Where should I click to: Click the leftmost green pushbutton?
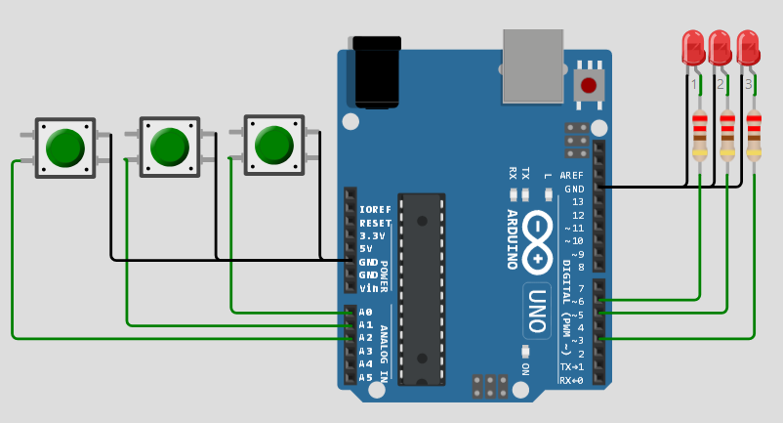(x=65, y=148)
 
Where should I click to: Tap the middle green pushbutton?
(x=169, y=147)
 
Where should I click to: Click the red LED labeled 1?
(x=693, y=46)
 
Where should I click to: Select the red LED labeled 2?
(x=720, y=46)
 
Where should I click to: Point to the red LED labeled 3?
(x=748, y=46)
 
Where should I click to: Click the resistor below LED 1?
(x=700, y=134)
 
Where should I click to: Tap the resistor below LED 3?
(x=754, y=134)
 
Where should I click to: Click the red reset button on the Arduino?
(x=588, y=85)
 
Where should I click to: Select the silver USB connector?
(x=533, y=65)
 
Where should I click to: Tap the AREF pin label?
(x=572, y=176)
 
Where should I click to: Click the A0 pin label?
(x=366, y=312)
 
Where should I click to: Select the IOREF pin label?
(x=375, y=210)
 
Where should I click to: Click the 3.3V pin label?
(x=372, y=235)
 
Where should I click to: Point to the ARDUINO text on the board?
(x=512, y=239)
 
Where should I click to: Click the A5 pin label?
(x=366, y=377)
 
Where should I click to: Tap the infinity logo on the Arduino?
(x=537, y=242)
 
